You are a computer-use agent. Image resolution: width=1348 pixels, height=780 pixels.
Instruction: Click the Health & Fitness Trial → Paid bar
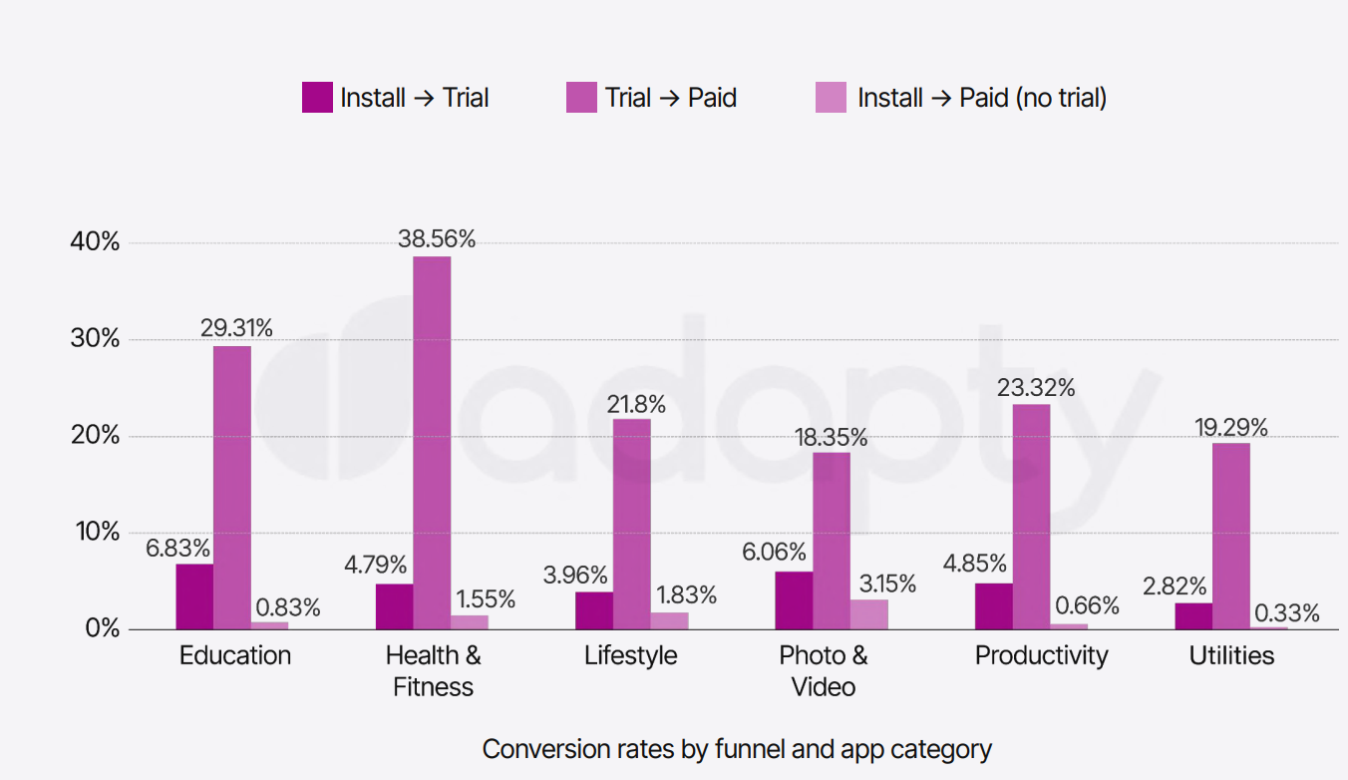point(432,443)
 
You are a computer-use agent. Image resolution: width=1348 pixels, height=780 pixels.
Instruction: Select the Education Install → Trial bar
point(194,596)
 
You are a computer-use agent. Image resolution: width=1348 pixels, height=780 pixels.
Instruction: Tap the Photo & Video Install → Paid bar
point(869,614)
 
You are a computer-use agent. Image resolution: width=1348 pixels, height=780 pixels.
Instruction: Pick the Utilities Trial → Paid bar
point(1231,536)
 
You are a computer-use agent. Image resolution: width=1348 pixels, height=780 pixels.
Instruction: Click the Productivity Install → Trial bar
point(993,606)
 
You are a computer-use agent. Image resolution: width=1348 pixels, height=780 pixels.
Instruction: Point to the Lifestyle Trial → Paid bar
point(631,524)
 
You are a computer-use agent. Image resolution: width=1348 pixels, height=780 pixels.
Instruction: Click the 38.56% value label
point(437,239)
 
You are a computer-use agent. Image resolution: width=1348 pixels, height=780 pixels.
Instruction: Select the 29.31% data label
point(235,328)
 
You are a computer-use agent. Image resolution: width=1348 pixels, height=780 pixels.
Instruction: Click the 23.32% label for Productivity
point(1036,387)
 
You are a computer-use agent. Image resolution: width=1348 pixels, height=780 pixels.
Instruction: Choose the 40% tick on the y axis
point(96,242)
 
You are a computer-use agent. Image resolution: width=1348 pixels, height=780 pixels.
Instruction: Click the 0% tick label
point(103,628)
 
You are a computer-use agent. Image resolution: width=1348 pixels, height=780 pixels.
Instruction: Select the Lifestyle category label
point(630,655)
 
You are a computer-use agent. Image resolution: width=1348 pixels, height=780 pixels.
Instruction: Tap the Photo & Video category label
point(824,671)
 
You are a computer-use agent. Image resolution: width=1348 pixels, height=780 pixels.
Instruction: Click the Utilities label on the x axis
point(1231,655)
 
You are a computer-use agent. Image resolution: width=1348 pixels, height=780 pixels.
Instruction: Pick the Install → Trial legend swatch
point(317,98)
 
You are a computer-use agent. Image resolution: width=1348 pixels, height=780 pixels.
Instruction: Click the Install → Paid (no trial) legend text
point(982,98)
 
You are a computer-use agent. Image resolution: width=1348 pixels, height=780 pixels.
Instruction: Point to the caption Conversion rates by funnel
point(737,749)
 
